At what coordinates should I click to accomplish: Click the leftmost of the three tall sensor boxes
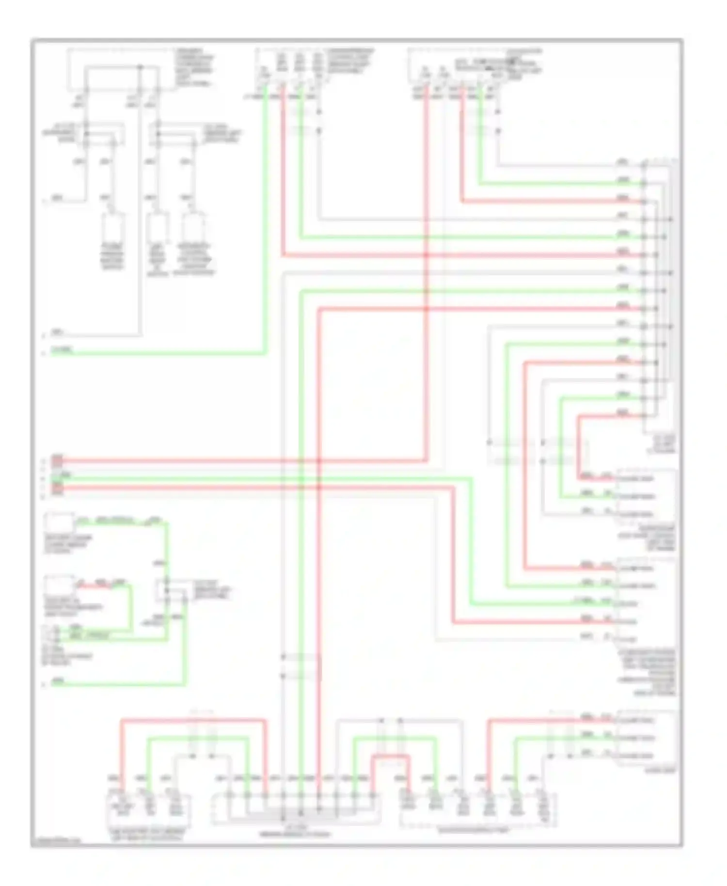pyautogui.click(x=112, y=227)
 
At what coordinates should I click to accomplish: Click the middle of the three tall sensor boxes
pyautogui.click(x=158, y=227)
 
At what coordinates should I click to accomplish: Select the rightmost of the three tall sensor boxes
pyautogui.click(x=193, y=227)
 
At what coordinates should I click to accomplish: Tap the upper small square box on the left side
pyautogui.click(x=59, y=523)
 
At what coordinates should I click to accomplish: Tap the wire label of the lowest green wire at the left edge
pyautogui.click(x=58, y=680)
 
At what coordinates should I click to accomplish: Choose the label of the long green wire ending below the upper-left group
pyautogui.click(x=63, y=350)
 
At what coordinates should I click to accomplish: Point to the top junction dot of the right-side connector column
pyautogui.click(x=644, y=166)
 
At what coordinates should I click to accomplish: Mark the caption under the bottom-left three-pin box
pyautogui.click(x=148, y=834)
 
